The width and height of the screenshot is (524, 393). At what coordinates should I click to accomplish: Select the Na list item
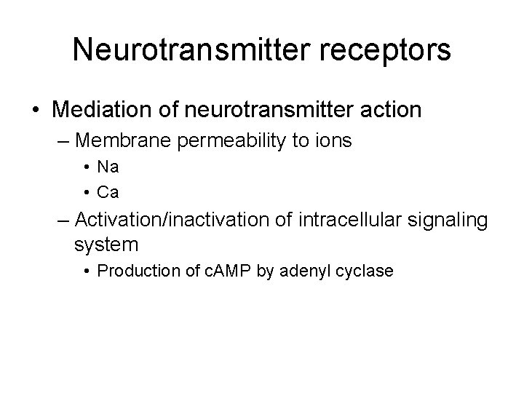click(108, 167)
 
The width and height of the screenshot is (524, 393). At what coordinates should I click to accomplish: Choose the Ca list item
click(108, 193)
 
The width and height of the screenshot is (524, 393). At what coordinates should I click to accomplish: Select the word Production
click(130, 271)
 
